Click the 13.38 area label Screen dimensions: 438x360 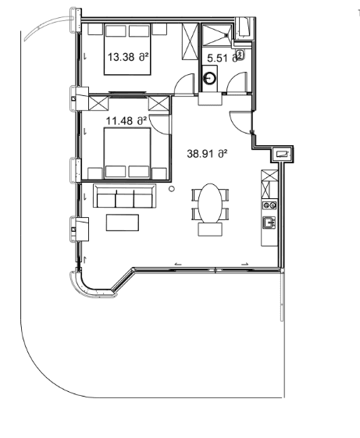(127, 57)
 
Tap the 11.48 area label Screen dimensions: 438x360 (126, 120)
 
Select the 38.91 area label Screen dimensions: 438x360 (207, 154)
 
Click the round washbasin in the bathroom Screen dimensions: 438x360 (211, 78)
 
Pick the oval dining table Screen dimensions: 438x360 (209, 203)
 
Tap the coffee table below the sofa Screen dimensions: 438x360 (121, 223)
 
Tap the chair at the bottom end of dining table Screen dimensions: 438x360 (209, 230)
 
